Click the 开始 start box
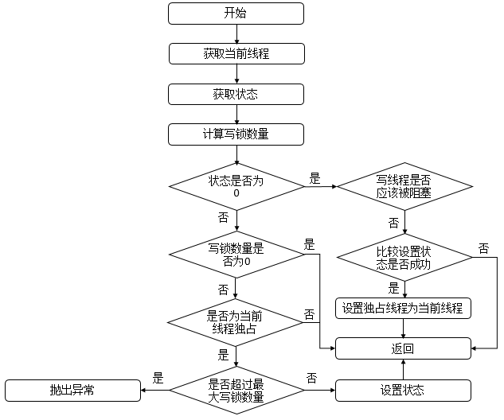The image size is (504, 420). click(x=236, y=14)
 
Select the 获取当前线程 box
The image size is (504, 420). click(x=236, y=53)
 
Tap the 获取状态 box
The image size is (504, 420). click(x=236, y=93)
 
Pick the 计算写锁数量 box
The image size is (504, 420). click(x=236, y=134)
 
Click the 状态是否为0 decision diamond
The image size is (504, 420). click(x=236, y=187)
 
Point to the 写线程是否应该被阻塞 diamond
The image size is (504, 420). click(x=404, y=187)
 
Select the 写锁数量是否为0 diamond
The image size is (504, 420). click(x=236, y=255)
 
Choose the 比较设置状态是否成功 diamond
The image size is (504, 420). click(x=404, y=257)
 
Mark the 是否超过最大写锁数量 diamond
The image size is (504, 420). click(x=236, y=390)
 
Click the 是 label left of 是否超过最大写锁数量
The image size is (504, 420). click(x=158, y=379)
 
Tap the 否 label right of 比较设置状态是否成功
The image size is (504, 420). click(x=483, y=248)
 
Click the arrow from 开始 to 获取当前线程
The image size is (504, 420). click(x=236, y=33)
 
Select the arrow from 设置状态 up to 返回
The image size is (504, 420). click(x=404, y=369)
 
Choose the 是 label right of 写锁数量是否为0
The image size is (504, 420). click(x=309, y=244)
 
